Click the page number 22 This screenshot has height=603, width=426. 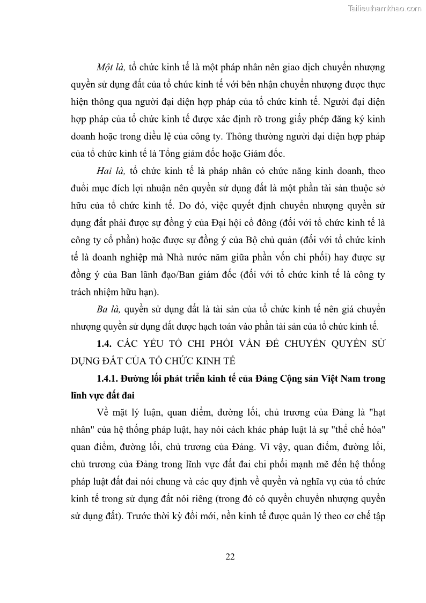pos(230,556)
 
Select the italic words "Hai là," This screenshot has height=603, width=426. pos(111,171)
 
